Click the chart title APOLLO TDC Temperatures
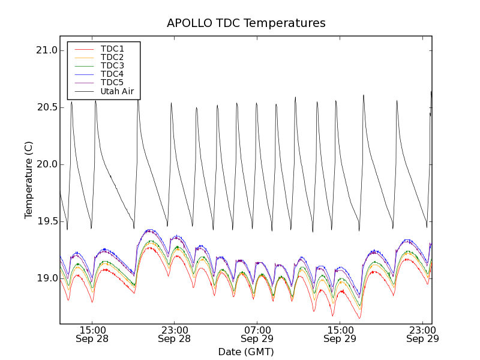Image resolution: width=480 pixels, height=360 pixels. pyautogui.click(x=246, y=23)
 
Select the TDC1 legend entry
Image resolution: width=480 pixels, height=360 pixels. pyautogui.click(x=112, y=49)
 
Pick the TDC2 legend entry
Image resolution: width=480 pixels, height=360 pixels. pyautogui.click(x=112, y=57)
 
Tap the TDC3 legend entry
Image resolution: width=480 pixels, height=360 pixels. pyautogui.click(x=112, y=65)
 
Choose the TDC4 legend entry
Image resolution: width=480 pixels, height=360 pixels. pyautogui.click(x=112, y=74)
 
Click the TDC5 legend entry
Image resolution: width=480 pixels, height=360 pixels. pyautogui.click(x=112, y=82)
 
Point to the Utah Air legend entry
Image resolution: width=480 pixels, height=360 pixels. pyautogui.click(x=117, y=91)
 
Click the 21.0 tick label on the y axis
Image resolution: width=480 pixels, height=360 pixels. pyautogui.click(x=46, y=50)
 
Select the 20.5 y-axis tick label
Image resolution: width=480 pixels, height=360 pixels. pyautogui.click(x=46, y=107)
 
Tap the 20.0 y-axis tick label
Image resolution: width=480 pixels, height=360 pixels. pyautogui.click(x=46, y=164)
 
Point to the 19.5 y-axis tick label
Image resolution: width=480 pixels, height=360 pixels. pyautogui.click(x=46, y=221)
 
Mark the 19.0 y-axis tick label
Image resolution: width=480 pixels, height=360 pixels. pyautogui.click(x=46, y=278)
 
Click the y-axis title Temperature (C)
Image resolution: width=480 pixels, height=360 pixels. pyautogui.click(x=29, y=180)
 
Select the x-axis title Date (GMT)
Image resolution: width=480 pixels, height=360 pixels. pyautogui.click(x=246, y=352)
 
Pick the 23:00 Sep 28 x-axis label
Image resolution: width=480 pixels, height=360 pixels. pyautogui.click(x=174, y=334)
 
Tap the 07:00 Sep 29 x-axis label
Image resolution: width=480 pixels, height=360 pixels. pyautogui.click(x=257, y=334)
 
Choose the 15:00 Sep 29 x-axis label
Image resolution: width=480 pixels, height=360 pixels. pyautogui.click(x=340, y=334)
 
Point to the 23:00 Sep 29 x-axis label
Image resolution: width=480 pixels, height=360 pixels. pyautogui.click(x=422, y=334)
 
